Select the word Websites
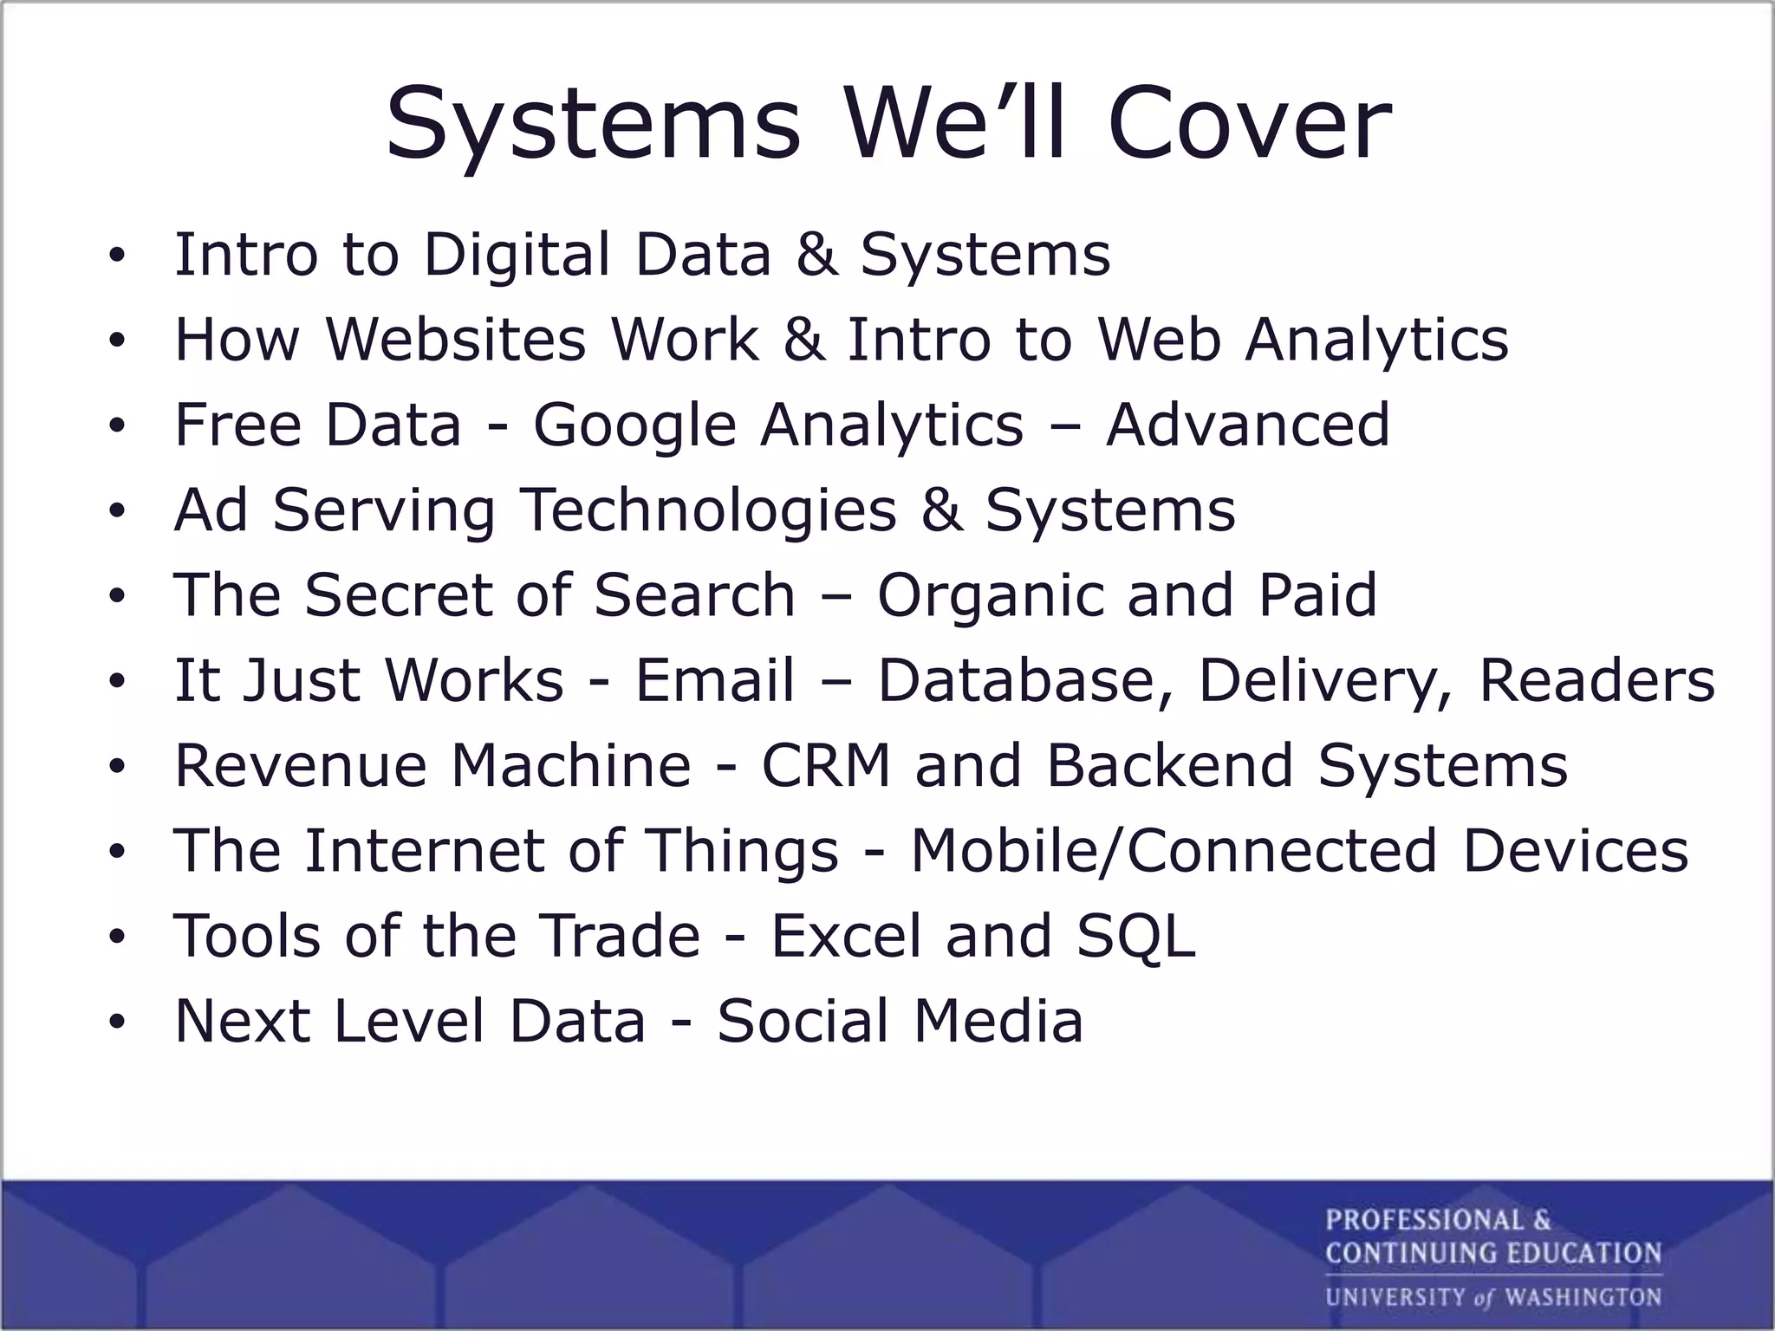click(x=456, y=339)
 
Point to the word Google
click(x=634, y=425)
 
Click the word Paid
click(x=1317, y=594)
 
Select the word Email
click(x=715, y=679)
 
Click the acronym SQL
click(x=1136, y=937)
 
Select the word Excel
click(x=847, y=936)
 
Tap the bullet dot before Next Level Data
click(x=117, y=1023)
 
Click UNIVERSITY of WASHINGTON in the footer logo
click(x=1492, y=1298)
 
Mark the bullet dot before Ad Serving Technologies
click(x=117, y=511)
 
